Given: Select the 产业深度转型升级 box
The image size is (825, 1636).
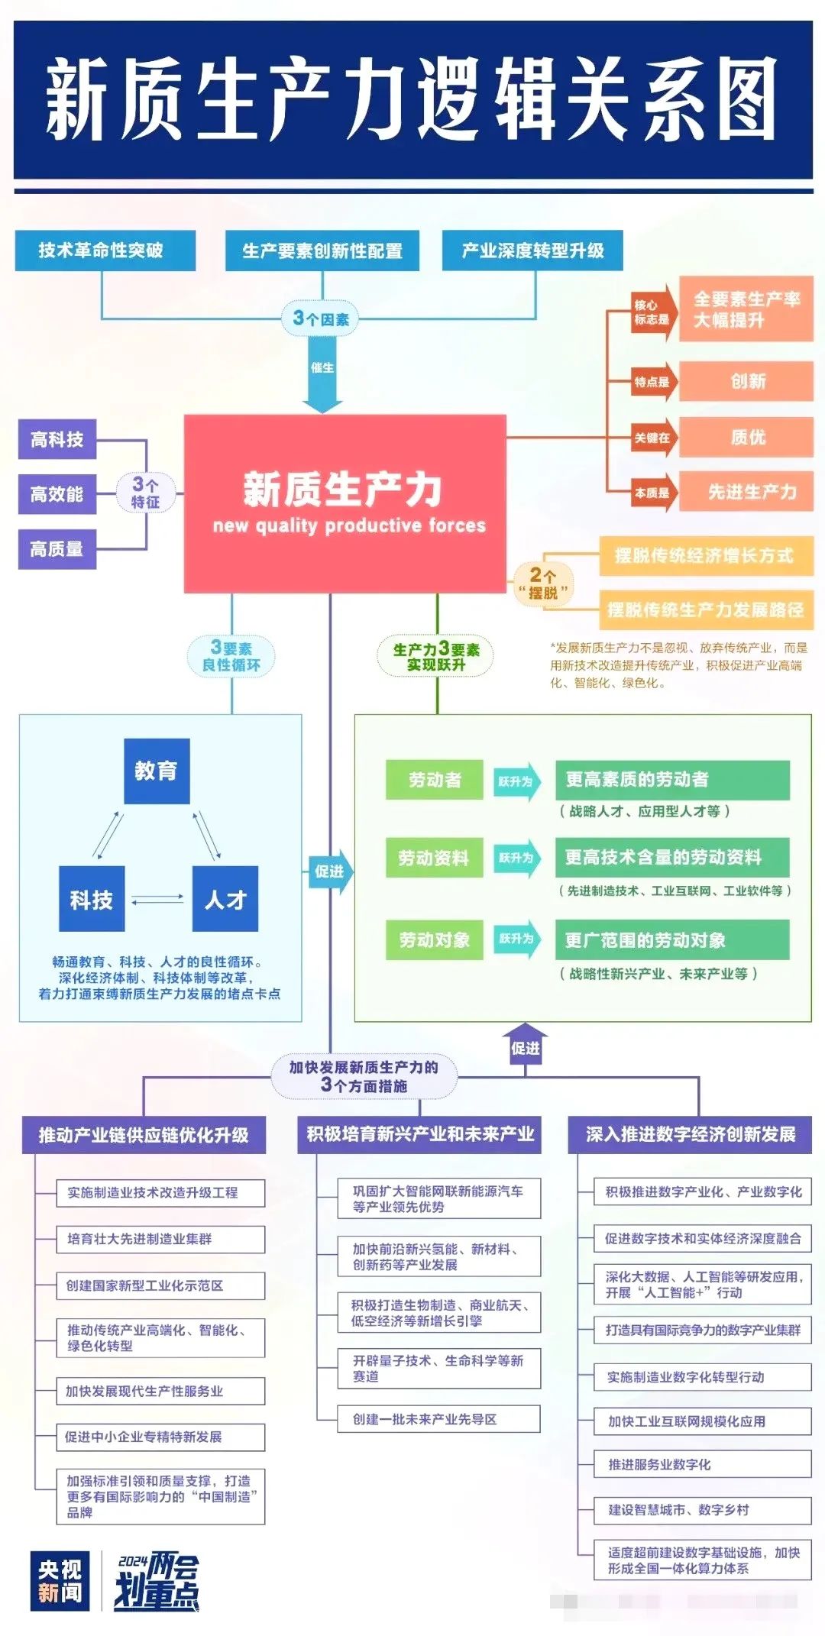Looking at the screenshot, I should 532,251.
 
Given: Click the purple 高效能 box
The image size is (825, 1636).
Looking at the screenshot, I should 57,494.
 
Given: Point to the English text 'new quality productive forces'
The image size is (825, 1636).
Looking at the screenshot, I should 349,525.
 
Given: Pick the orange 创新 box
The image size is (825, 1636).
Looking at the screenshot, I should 746,381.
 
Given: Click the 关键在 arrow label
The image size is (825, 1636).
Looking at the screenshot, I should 654,438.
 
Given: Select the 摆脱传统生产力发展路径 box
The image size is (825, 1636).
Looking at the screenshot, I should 705,609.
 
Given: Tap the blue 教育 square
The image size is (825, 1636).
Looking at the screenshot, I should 157,771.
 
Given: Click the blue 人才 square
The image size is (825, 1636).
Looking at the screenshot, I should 225,899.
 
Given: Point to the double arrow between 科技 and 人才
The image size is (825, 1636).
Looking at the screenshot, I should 158,899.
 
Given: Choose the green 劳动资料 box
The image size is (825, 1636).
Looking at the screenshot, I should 434,858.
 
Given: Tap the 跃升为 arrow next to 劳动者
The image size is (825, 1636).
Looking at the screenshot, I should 517,781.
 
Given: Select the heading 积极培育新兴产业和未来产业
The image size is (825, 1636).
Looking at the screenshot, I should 419,1134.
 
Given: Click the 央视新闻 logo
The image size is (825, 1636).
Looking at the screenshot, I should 60,1581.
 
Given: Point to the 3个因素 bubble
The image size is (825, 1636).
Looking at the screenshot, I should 322,318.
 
